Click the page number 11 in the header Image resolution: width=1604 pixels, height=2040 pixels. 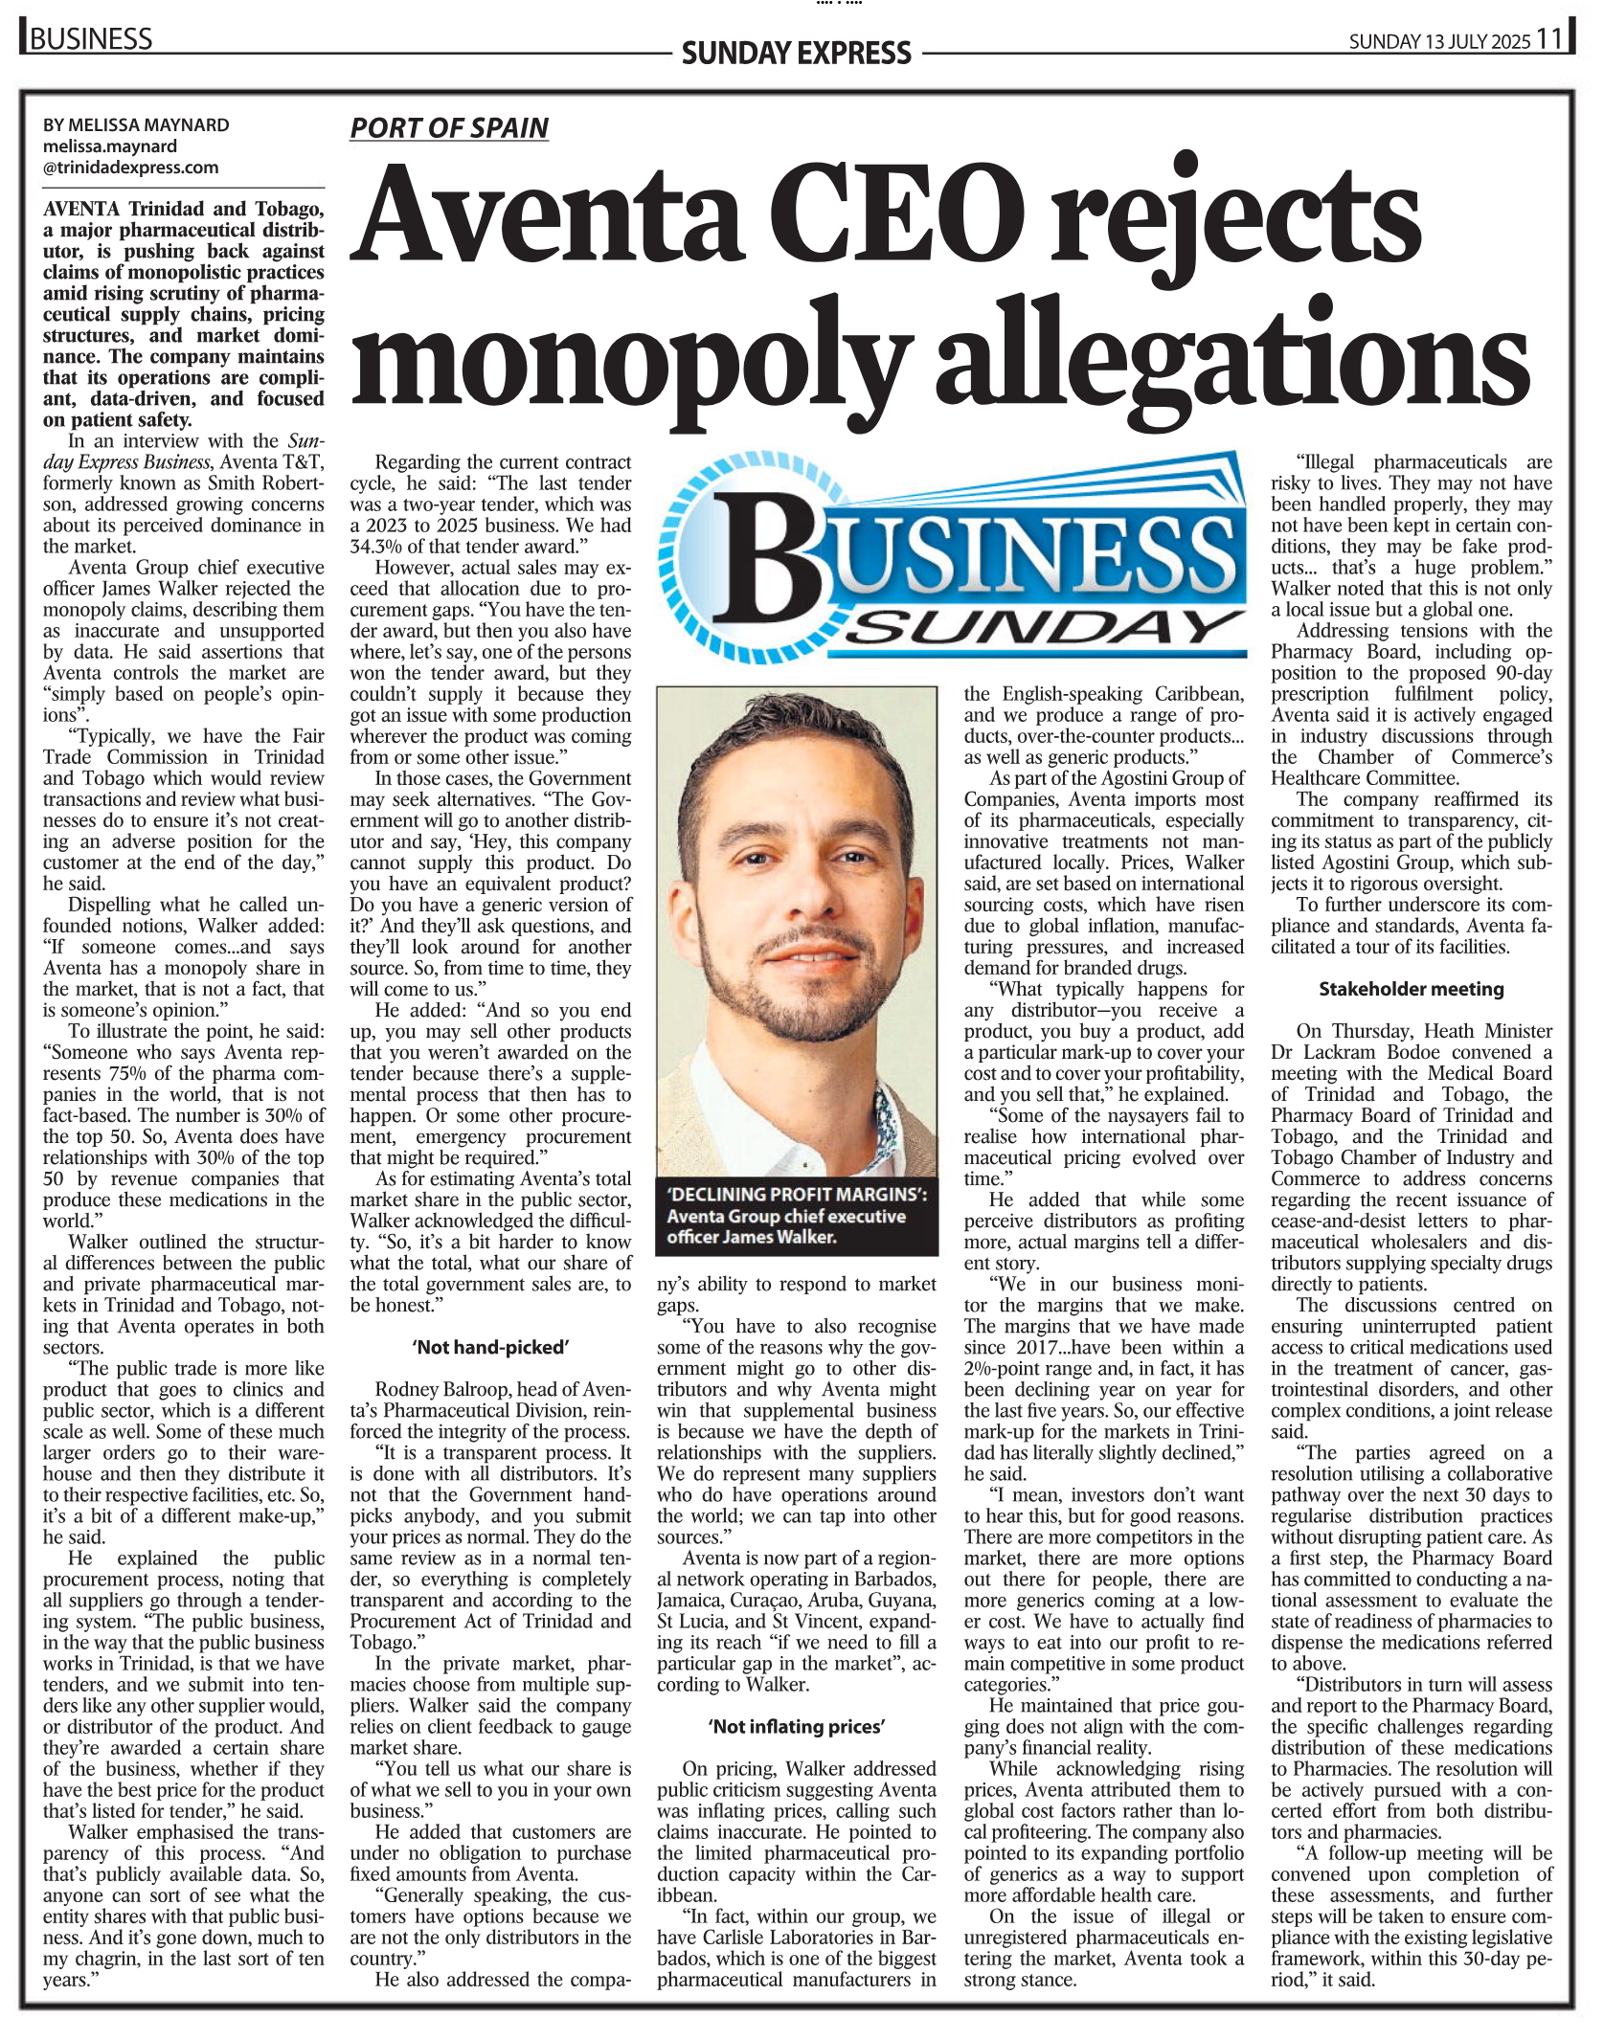(1549, 39)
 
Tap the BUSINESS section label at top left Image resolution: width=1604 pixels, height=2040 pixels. (91, 39)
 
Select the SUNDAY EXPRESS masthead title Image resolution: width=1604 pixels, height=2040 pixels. (796, 53)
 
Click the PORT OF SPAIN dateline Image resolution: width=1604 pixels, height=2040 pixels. (449, 128)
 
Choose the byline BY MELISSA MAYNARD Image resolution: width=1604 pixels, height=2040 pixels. (136, 125)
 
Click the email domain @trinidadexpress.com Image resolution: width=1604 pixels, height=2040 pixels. (131, 168)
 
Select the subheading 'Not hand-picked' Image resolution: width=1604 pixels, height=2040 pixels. (491, 1347)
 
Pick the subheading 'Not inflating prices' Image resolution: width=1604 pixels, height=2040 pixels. (797, 1726)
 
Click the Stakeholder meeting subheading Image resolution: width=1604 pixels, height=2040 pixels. (1411, 989)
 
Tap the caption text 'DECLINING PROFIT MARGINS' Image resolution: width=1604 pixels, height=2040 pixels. (797, 1195)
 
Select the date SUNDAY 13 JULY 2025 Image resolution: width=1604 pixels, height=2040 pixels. (1439, 41)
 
